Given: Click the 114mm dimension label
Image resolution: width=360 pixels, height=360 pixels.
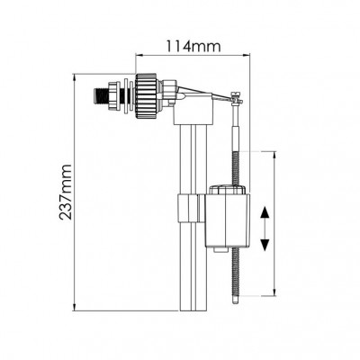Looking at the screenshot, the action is [193, 47].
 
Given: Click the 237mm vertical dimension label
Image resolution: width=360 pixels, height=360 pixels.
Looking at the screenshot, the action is [66, 192].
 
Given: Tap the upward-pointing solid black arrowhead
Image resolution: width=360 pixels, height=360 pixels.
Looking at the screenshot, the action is [265, 212].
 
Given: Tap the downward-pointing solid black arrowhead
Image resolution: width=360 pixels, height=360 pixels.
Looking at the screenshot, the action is [265, 245].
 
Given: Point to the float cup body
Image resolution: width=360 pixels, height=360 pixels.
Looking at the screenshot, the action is [228, 220].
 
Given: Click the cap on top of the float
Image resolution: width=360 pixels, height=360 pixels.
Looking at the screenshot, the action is [228, 190].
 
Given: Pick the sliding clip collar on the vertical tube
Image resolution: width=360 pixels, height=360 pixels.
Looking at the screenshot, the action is [191, 208].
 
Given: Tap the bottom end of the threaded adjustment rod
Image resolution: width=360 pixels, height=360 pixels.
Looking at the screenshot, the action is [236, 303].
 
